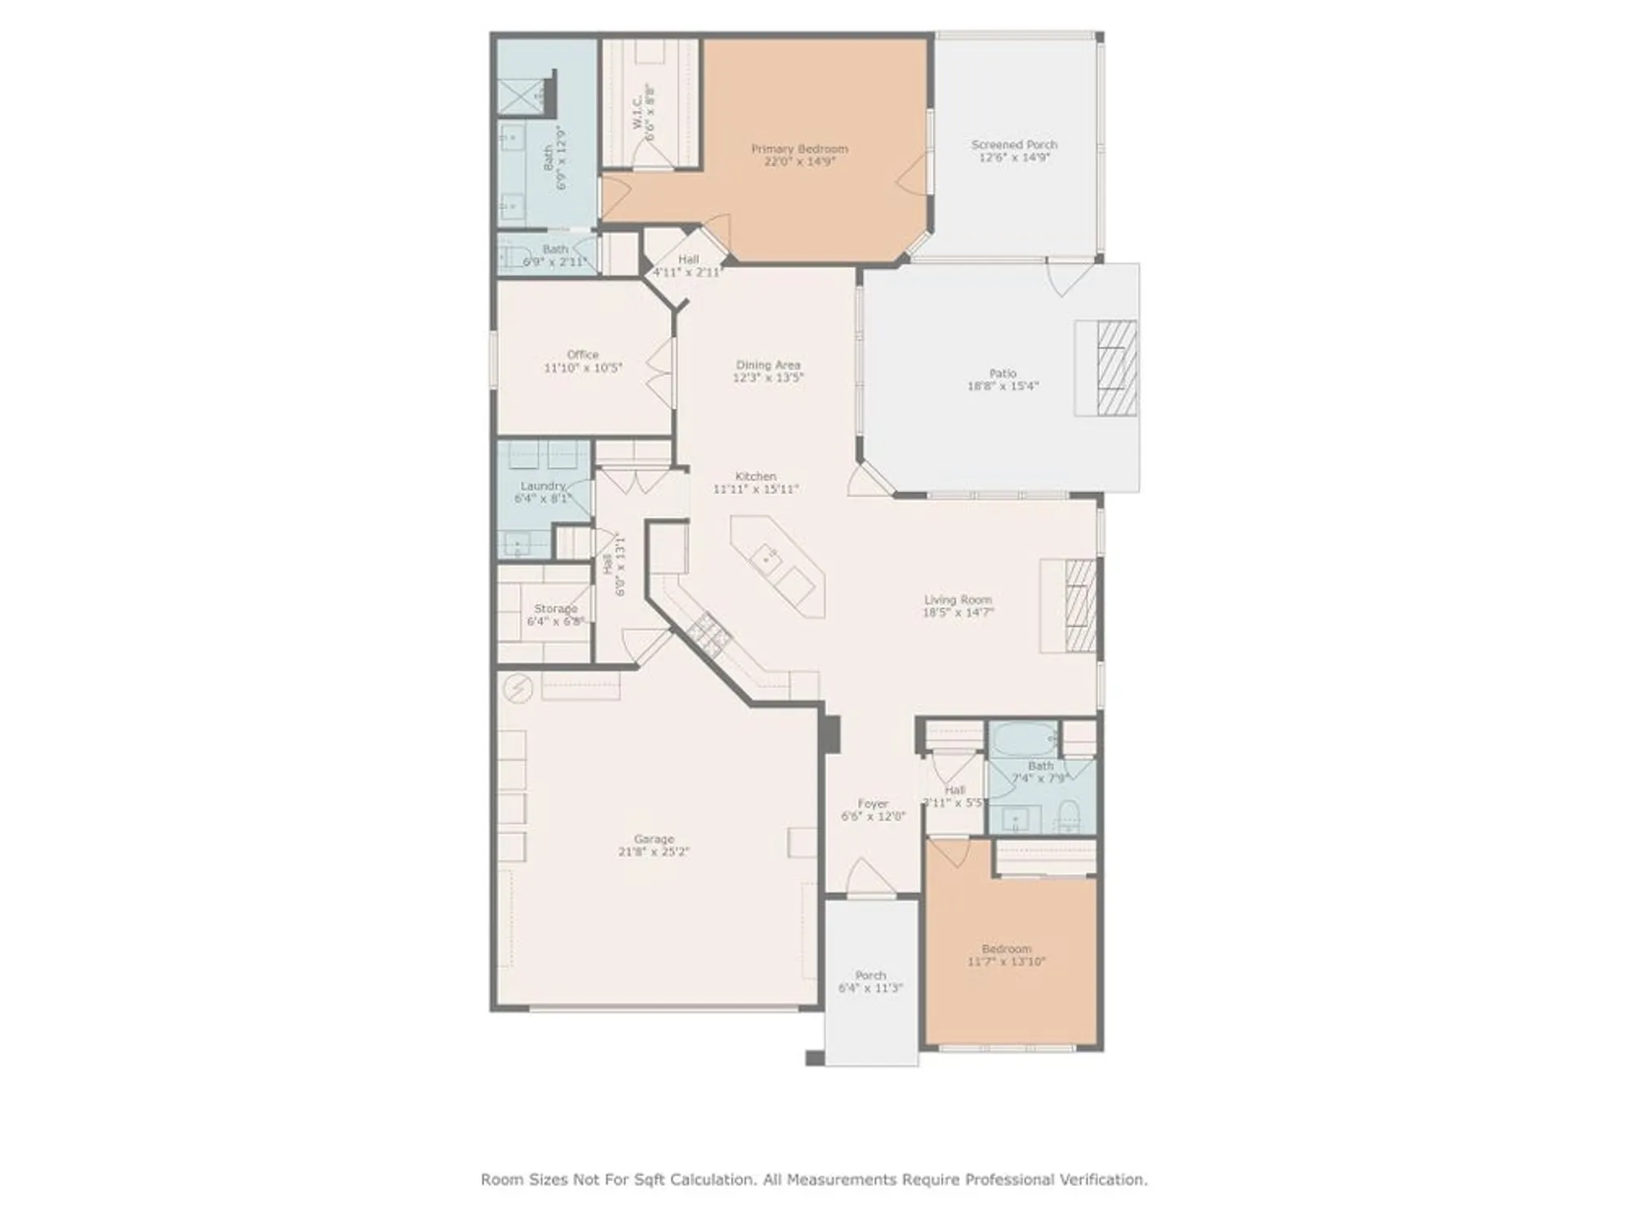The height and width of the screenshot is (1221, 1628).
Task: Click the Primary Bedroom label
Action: (799, 149)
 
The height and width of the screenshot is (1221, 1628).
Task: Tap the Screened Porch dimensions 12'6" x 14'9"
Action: (1014, 158)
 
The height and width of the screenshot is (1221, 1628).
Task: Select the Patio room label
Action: (1003, 374)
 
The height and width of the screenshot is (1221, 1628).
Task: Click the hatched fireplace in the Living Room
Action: (1080, 606)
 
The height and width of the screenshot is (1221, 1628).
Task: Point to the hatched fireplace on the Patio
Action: (1116, 368)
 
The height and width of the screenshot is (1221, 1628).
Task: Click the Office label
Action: (583, 355)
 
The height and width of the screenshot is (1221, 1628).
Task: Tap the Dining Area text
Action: (768, 365)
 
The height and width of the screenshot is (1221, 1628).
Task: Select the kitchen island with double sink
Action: (777, 567)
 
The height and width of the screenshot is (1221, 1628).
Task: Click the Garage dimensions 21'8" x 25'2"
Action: (654, 852)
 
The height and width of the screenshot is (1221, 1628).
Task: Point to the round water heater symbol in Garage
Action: (518, 689)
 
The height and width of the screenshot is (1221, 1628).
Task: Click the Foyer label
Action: (873, 803)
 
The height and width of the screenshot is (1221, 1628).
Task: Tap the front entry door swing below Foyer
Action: (872, 877)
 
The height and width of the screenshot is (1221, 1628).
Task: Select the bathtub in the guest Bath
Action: (1023, 739)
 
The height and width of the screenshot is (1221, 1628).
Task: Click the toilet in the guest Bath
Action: (1067, 816)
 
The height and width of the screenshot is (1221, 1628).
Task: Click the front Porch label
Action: (870, 975)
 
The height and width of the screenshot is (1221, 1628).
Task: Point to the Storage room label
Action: (555, 609)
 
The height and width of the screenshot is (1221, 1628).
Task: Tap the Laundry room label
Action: (543, 486)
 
